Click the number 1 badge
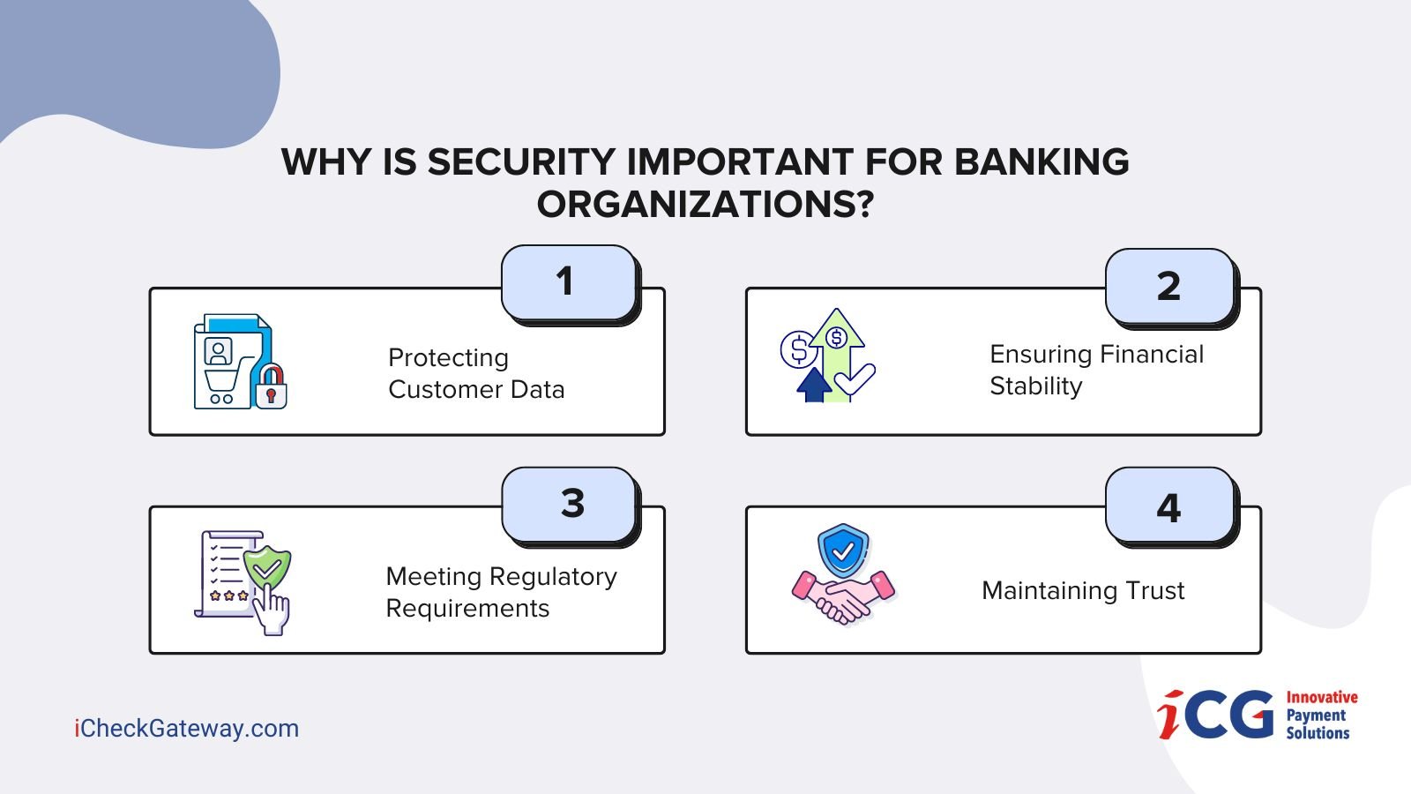click(x=569, y=282)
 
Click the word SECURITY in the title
click(x=521, y=162)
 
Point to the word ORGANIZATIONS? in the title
click(x=705, y=205)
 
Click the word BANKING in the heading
click(x=1041, y=162)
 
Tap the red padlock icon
click(x=271, y=386)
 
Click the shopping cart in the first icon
click(x=223, y=386)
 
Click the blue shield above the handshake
click(x=843, y=551)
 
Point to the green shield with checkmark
click(x=267, y=568)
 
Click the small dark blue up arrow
click(x=814, y=385)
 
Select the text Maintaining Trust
click(x=1083, y=591)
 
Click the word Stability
click(x=1035, y=386)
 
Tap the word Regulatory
click(x=553, y=578)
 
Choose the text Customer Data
click(x=476, y=389)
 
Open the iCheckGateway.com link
click(x=186, y=729)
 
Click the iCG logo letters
click(x=1215, y=715)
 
